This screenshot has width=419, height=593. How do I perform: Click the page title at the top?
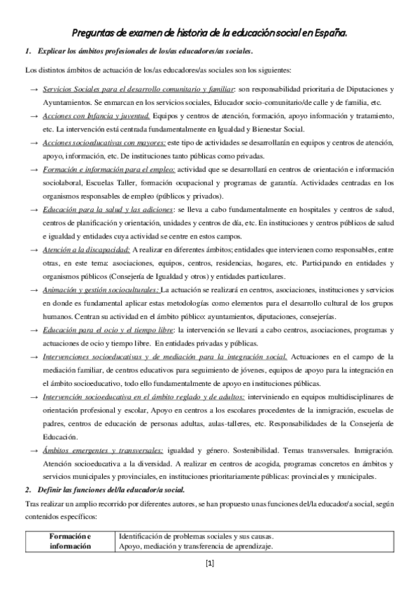[210, 32]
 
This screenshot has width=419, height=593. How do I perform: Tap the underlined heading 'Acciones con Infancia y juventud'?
[96, 115]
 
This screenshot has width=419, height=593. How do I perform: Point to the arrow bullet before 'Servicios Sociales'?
[33, 90]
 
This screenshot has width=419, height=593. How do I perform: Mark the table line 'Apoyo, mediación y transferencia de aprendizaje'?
[196, 546]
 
